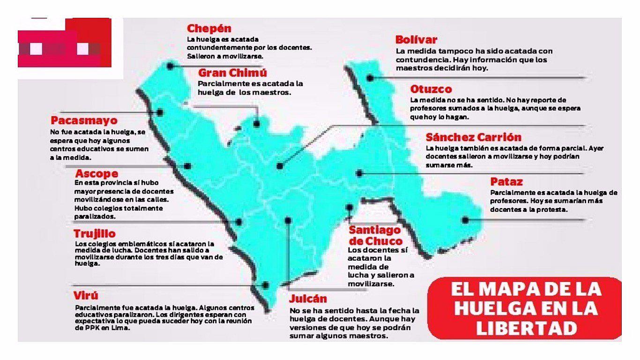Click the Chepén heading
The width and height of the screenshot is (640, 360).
click(x=209, y=29)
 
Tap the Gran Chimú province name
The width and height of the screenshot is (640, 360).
click(x=232, y=73)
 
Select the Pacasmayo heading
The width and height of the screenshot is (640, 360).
click(x=84, y=120)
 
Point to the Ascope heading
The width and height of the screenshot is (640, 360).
click(x=97, y=174)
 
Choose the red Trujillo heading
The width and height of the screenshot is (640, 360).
click(x=95, y=233)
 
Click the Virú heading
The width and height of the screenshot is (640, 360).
click(x=86, y=296)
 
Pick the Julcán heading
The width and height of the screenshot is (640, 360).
click(x=308, y=299)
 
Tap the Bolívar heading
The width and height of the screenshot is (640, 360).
click(x=416, y=40)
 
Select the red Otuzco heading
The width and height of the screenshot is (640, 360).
click(x=431, y=89)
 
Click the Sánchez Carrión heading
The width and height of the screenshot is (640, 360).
click(x=474, y=137)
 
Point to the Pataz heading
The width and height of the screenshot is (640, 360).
click(x=506, y=181)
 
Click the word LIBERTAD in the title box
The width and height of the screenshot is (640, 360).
click(x=526, y=328)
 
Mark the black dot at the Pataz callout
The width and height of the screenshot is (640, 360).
click(x=465, y=220)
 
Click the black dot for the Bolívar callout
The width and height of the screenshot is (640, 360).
click(x=370, y=78)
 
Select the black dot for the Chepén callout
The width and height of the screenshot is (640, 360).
click(x=170, y=67)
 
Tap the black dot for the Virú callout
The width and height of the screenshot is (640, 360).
click(x=266, y=285)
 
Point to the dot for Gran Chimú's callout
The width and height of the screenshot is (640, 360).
click(x=257, y=124)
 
